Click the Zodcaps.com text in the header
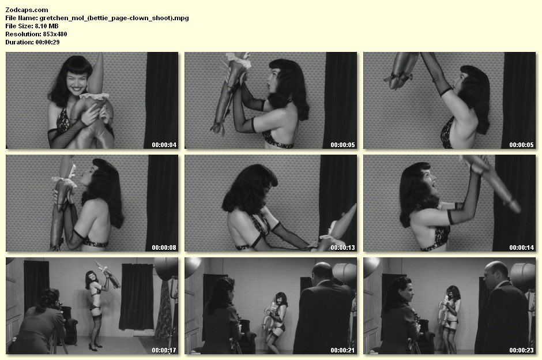tap(27, 10)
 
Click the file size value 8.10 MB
tap(47, 26)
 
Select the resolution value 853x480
tap(55, 34)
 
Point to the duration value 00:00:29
tap(47, 42)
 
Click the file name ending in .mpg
tap(114, 18)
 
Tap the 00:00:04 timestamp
tap(164, 145)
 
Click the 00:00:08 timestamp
tap(164, 247)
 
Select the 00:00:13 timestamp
tap(343, 247)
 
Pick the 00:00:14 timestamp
tap(522, 247)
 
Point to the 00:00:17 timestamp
tap(164, 350)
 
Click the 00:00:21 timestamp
tap(343, 350)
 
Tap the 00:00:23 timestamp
tap(522, 350)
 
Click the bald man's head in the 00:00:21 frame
tap(322, 272)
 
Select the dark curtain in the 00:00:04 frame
tap(161, 100)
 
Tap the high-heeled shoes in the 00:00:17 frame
tap(95, 346)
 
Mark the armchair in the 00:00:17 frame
tap(69, 325)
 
